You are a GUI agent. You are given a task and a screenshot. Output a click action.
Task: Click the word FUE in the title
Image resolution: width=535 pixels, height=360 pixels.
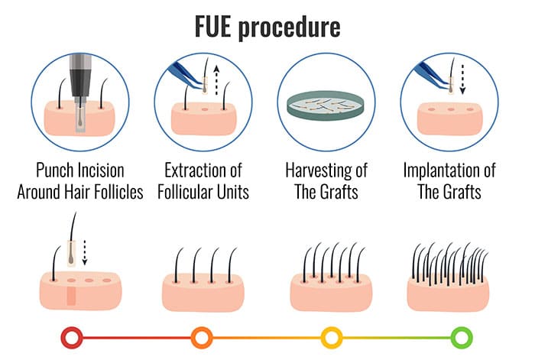[213, 26]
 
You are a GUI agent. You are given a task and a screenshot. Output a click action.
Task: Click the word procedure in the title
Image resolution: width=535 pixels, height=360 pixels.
[290, 28]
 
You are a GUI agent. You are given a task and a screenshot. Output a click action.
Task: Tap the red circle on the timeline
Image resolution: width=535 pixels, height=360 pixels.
[72, 338]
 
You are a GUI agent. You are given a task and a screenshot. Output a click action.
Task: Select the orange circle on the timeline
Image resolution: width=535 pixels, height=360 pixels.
[202, 338]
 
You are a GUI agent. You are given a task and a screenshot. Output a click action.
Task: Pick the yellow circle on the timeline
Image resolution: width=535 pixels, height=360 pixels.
[331, 338]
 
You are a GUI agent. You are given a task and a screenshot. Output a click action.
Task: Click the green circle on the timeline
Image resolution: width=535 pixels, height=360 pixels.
[462, 338]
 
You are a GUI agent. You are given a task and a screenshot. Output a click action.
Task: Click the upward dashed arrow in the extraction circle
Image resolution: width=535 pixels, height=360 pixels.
[216, 80]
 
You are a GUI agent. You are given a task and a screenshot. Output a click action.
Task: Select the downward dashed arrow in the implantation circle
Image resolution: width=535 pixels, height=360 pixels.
[462, 79]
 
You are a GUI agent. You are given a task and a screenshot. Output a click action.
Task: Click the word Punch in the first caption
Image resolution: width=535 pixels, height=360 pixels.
[56, 170]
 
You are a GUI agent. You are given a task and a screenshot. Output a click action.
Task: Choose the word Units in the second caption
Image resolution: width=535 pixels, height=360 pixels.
[233, 192]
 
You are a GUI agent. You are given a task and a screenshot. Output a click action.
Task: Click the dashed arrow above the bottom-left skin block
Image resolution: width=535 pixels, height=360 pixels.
[85, 252]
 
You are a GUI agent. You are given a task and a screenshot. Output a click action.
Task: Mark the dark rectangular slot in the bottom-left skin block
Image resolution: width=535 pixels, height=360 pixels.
[71, 296]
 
